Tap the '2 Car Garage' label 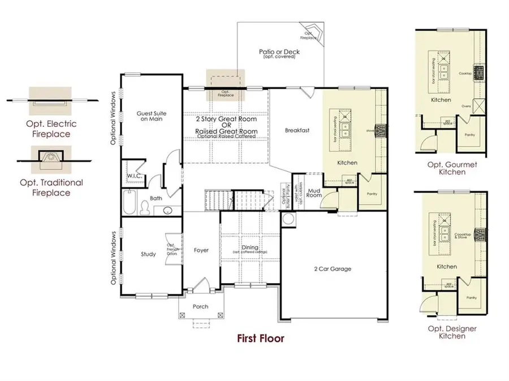point(332,269)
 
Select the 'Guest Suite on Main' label point(150,116)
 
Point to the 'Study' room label point(148,254)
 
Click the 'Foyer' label point(201,250)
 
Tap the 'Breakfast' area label point(296,131)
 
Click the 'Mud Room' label point(314,192)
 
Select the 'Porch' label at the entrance point(200,306)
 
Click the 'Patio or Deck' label point(279,53)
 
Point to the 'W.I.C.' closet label point(134,177)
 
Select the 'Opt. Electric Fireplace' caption point(51,129)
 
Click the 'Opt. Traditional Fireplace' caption point(51,187)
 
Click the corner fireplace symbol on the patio point(311,33)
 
